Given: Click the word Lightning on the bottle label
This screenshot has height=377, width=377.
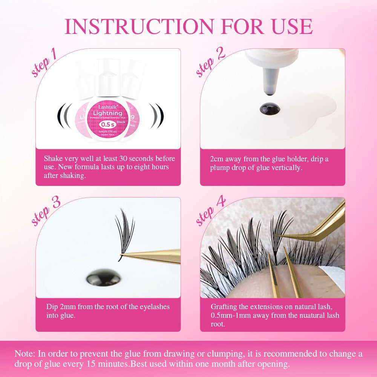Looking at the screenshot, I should click(x=107, y=113).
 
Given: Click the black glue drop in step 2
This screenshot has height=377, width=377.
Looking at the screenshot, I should click(x=270, y=109).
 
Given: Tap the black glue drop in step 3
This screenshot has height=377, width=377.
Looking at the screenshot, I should click(x=103, y=278).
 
